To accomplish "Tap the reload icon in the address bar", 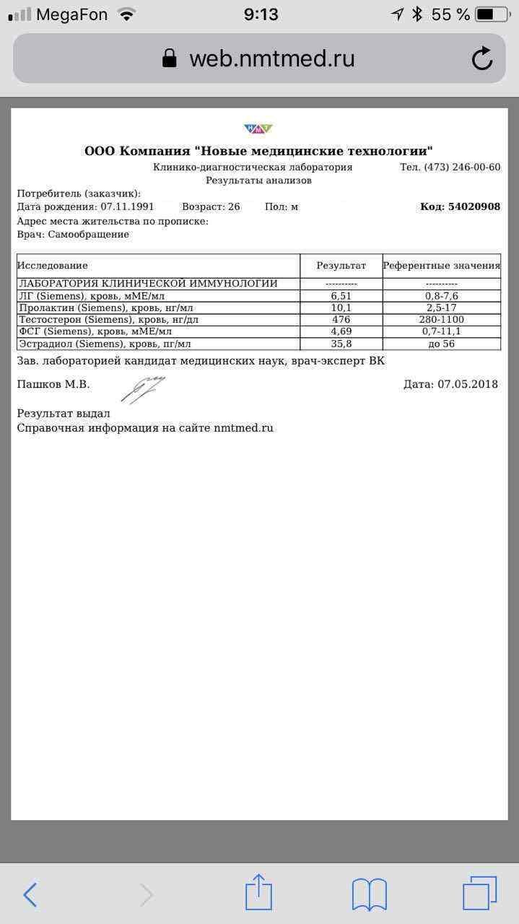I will (482, 58).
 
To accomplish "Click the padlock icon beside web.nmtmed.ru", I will (170, 58).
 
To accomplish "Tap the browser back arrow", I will (30, 895).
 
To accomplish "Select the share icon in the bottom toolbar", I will (258, 893).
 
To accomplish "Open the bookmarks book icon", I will (369, 895).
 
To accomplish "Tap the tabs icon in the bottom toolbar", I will (479, 894).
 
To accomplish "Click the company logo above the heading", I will (258, 129).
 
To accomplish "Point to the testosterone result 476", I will (341, 320).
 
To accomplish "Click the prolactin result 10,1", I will (341, 308).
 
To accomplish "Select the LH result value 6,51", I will (341, 296).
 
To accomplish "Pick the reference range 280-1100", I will (441, 320).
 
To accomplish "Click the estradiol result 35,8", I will (341, 344).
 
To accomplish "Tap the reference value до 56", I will (441, 344).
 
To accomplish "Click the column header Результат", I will (341, 266).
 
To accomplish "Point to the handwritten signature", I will (142, 388).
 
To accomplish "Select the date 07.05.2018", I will (468, 384).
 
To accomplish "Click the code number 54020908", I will (474, 206).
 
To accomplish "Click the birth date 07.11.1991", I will (127, 206).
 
